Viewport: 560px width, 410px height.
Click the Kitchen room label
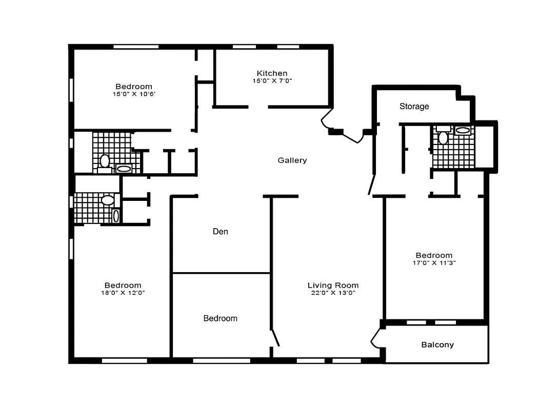[x=272, y=73]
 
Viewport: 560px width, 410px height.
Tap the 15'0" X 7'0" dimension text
[x=272, y=81]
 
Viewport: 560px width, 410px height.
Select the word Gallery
[x=292, y=160]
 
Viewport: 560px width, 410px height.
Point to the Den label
[x=221, y=232]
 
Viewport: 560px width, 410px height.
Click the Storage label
[x=414, y=107]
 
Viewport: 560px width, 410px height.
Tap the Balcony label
[x=437, y=345]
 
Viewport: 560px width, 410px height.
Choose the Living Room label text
[x=333, y=285]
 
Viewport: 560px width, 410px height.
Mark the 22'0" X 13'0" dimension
[x=333, y=293]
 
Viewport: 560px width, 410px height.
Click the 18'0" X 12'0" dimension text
[x=123, y=293]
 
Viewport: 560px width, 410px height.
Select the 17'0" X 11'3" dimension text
[x=434, y=263]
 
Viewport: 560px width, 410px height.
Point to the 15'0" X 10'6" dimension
[x=133, y=94]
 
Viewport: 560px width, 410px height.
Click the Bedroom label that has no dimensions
[x=221, y=318]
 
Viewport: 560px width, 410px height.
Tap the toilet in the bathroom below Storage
[x=443, y=137]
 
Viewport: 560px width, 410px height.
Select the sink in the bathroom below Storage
[x=463, y=130]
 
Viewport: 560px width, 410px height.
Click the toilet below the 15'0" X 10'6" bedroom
[x=105, y=161]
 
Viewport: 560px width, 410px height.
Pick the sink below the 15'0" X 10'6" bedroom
[x=124, y=168]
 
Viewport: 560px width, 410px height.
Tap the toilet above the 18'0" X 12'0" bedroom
[x=108, y=200]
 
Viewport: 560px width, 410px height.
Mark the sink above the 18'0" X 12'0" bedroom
[x=116, y=216]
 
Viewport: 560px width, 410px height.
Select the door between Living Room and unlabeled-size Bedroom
[x=275, y=338]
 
